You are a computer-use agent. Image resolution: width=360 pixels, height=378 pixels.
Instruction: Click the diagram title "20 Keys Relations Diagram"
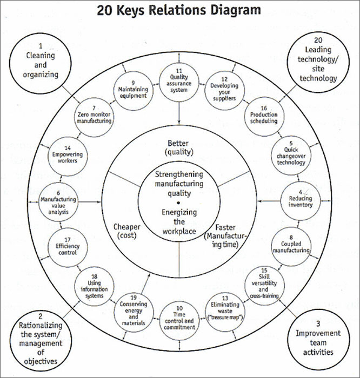click(179, 10)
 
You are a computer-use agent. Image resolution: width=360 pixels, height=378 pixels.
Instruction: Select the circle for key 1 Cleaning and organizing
click(42, 61)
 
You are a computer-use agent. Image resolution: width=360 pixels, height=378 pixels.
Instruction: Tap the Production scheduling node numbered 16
click(263, 115)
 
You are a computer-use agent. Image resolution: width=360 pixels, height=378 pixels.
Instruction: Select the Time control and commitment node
click(179, 320)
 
